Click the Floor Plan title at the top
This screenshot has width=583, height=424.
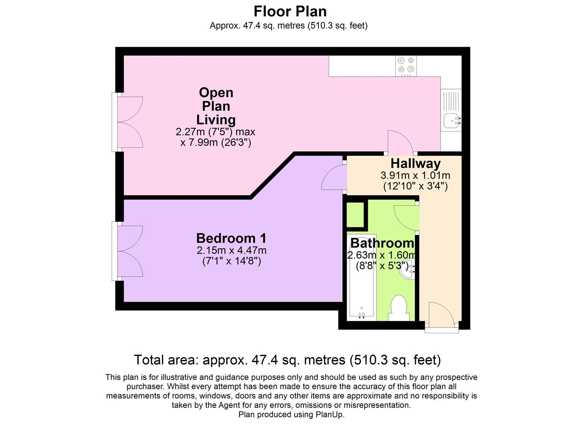pyautogui.click(x=290, y=11)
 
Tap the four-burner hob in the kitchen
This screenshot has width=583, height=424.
pyautogui.click(x=406, y=66)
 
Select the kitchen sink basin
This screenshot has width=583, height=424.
pyautogui.click(x=452, y=120)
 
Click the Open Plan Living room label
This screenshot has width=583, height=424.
pyautogui.click(x=216, y=106)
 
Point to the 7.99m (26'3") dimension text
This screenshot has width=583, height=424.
pyautogui.click(x=216, y=142)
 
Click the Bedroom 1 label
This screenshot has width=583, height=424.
pyautogui.click(x=231, y=238)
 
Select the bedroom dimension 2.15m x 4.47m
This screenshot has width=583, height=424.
pyautogui.click(x=232, y=250)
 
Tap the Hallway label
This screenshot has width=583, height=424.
pyautogui.click(x=415, y=163)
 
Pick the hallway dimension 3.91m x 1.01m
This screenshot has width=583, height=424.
pyautogui.click(x=415, y=175)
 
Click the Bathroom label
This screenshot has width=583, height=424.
pyautogui.click(x=382, y=243)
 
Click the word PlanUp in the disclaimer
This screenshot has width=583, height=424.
pyautogui.click(x=329, y=415)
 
